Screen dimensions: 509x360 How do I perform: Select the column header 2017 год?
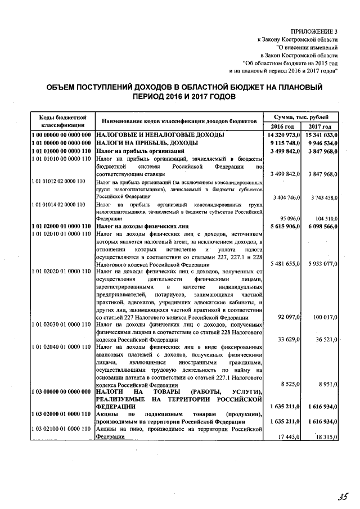pyautogui.click(x=320, y=127)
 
